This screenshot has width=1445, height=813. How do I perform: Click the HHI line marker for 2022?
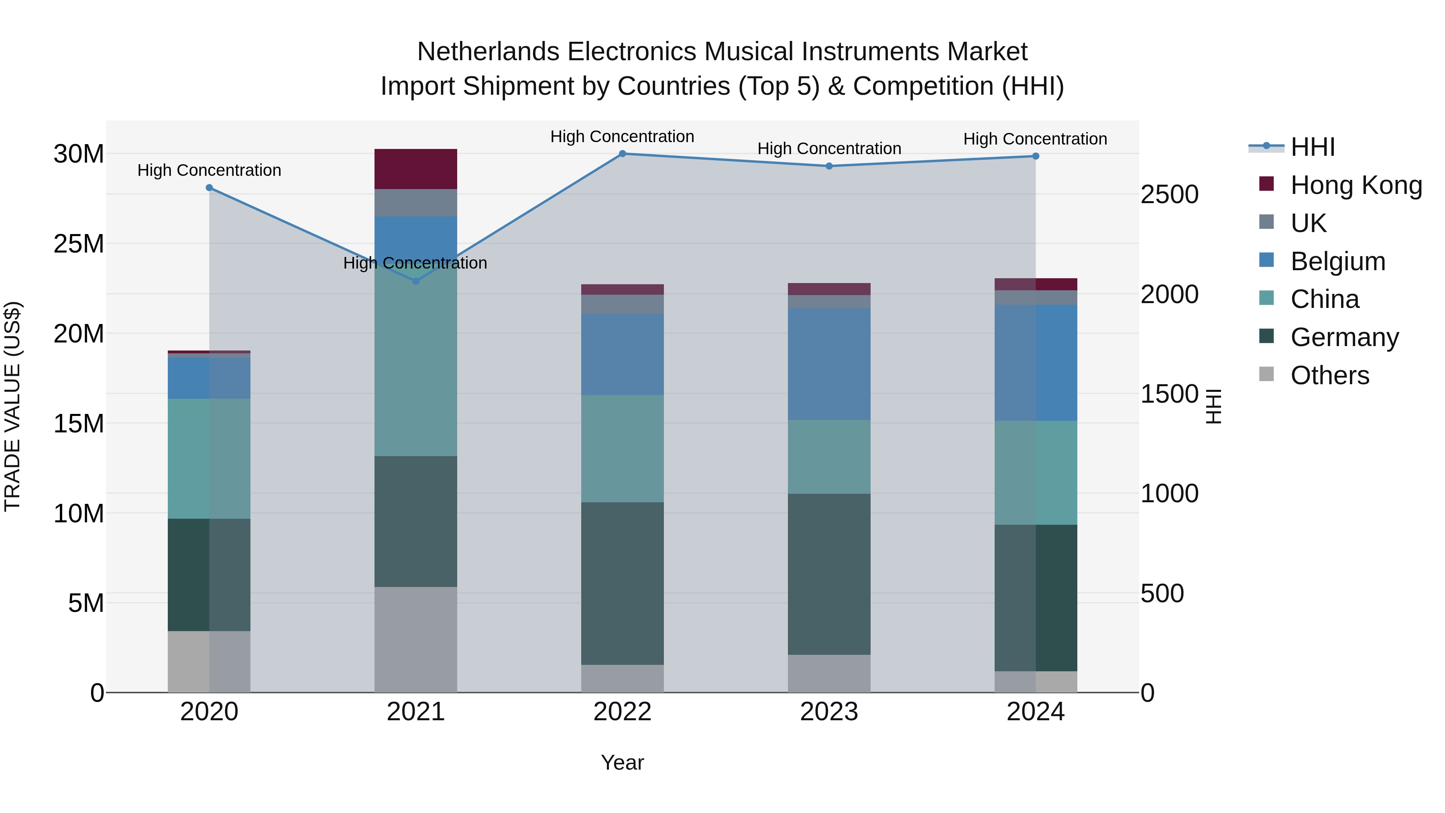point(622,154)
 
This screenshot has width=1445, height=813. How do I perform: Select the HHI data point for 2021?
point(416,281)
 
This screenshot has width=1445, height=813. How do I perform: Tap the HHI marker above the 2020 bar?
point(209,188)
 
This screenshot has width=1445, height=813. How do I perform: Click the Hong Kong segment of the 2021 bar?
point(416,169)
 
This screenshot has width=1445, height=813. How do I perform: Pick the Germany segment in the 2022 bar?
point(622,583)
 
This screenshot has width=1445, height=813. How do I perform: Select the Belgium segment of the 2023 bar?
point(829,364)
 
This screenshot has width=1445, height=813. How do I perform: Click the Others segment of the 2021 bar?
point(416,640)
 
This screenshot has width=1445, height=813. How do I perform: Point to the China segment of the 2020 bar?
point(209,458)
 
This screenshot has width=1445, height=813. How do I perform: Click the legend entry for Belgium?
point(1337,261)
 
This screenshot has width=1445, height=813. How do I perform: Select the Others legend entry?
point(1329,375)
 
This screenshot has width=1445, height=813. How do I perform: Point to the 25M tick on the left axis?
point(79,244)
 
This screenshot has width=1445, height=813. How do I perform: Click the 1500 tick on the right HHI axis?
point(1169,394)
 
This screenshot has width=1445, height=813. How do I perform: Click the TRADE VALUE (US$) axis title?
point(12,406)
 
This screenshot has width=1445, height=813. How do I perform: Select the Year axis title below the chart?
point(622,762)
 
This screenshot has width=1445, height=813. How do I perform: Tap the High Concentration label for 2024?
point(1035,139)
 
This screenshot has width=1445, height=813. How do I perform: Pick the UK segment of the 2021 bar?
point(416,203)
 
